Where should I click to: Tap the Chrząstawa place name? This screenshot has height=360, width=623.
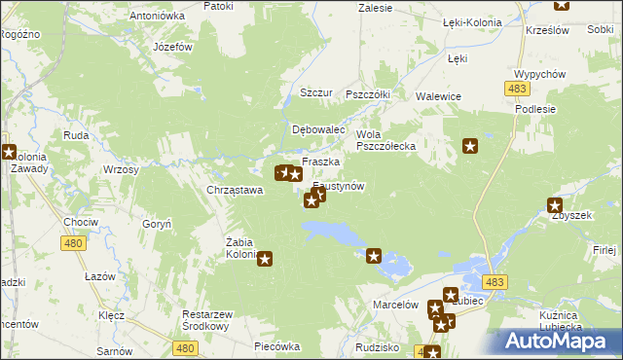[x=235, y=190]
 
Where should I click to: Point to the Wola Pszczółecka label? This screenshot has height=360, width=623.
[x=386, y=140]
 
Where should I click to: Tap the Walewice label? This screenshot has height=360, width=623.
[x=438, y=96]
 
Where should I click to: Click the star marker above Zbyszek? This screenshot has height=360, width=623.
[x=555, y=204]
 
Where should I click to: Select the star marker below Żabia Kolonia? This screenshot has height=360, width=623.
[x=264, y=259]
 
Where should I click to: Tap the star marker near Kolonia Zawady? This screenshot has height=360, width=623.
[x=9, y=152]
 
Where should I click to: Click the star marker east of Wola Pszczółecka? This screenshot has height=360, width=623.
[x=470, y=146]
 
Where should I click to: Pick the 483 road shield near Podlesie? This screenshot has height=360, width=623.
[x=517, y=89]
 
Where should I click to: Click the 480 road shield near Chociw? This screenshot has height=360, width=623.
[x=74, y=244]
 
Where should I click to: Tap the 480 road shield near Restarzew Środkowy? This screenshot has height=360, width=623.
[x=186, y=346]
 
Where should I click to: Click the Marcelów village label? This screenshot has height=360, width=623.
[x=395, y=305]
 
